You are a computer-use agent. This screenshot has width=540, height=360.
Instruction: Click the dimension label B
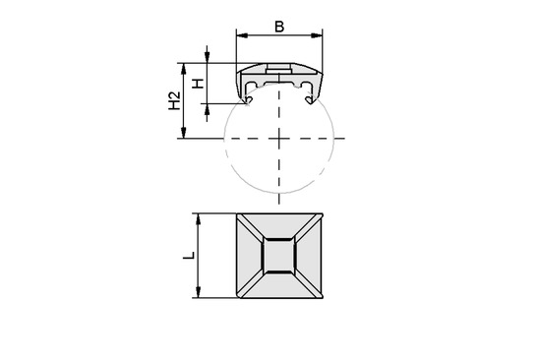click(279, 27)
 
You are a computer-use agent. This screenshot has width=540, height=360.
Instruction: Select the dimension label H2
click(173, 101)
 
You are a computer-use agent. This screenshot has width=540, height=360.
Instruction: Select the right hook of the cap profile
click(314, 96)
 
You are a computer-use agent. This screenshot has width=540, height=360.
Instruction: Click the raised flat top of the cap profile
click(279, 68)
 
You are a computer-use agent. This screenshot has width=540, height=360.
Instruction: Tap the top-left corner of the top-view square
click(236, 213)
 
